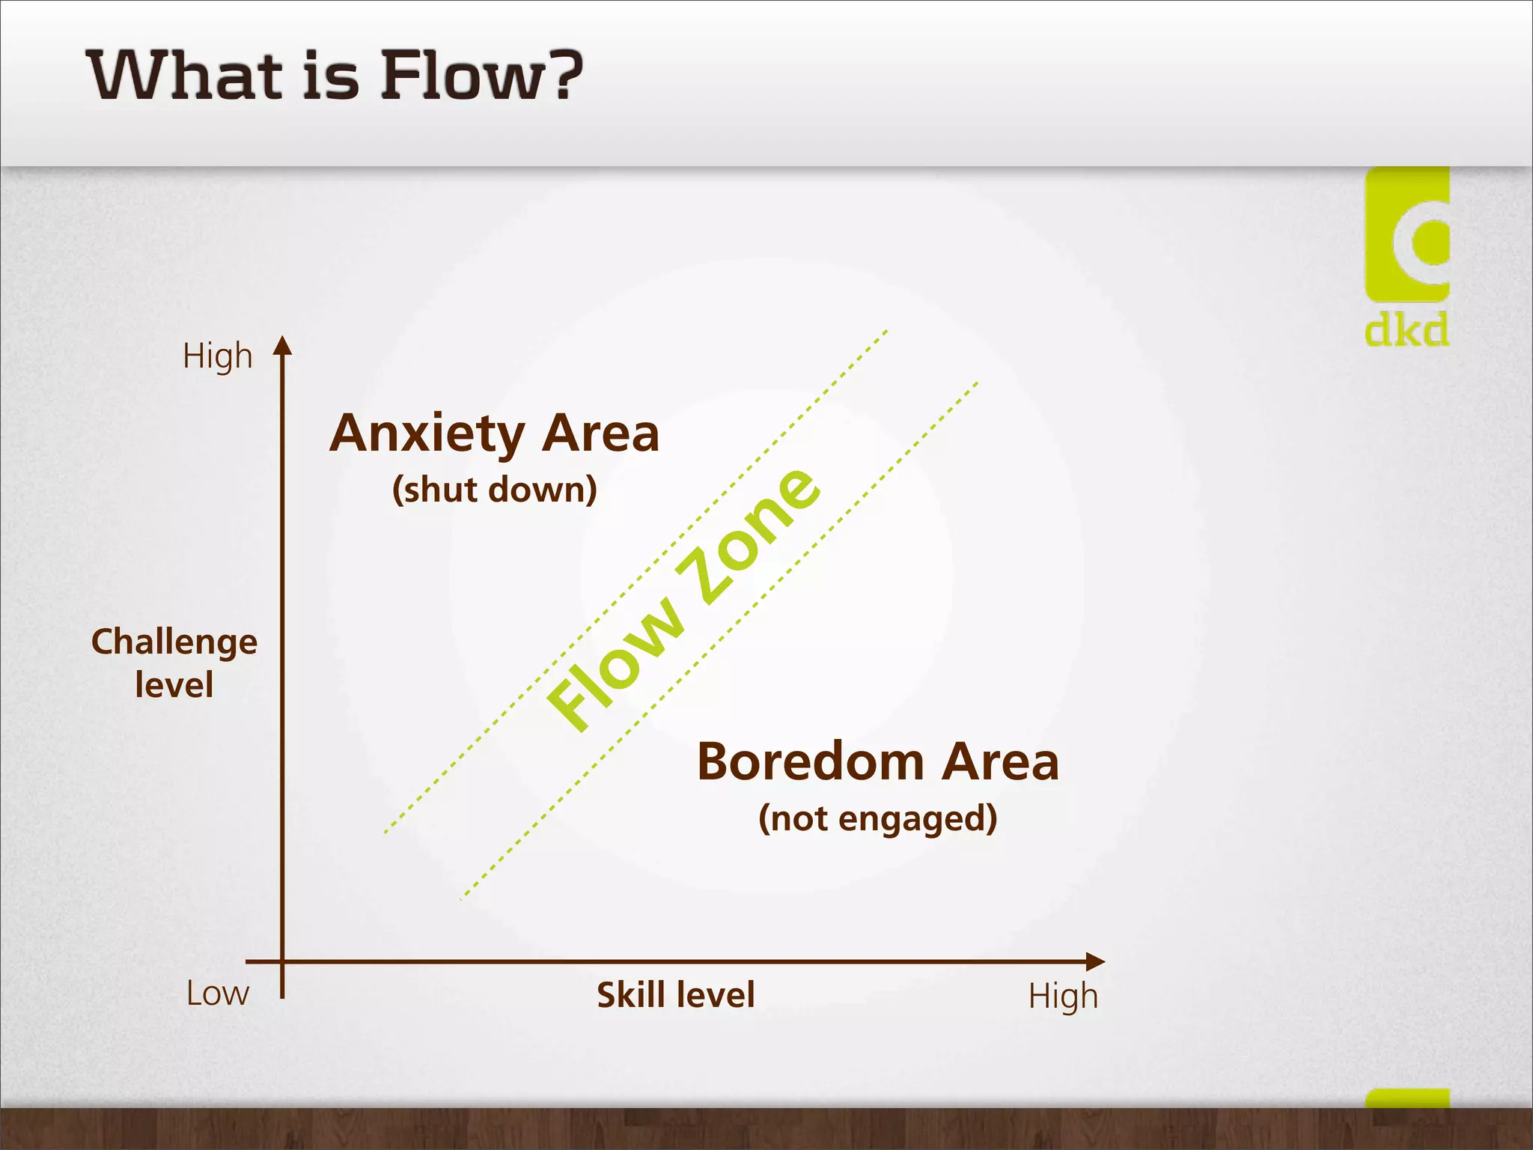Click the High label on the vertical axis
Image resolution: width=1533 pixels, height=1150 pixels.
pyautogui.click(x=217, y=356)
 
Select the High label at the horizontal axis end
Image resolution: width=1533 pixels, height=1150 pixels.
pyautogui.click(x=1062, y=997)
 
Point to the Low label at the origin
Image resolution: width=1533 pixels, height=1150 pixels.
pyautogui.click(x=217, y=994)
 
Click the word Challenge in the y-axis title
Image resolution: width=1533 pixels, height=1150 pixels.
pyautogui.click(x=174, y=642)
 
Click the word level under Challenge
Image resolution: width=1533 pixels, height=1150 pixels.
pyautogui.click(x=174, y=685)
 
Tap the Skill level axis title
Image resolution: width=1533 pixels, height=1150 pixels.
pyautogui.click(x=675, y=996)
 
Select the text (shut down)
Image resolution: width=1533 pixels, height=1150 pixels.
pyautogui.click(x=495, y=490)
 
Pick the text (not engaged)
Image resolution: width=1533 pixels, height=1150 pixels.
pyautogui.click(x=877, y=818)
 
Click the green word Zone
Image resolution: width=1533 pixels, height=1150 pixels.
pyautogui.click(x=749, y=535)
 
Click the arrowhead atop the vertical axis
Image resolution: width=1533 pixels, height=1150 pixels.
pyautogui.click(x=282, y=345)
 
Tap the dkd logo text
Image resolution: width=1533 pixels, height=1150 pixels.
pyautogui.click(x=1406, y=330)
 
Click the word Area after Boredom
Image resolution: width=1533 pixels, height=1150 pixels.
pyautogui.click(x=1000, y=762)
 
